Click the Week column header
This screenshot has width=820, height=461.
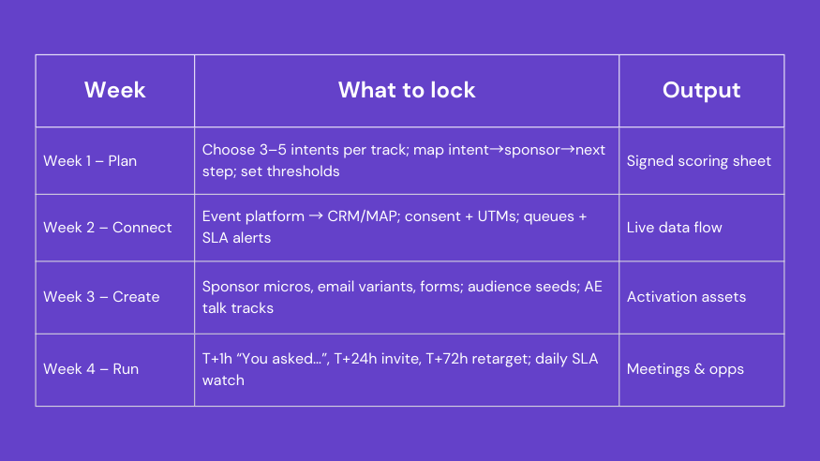click(115, 90)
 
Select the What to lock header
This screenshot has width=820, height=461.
click(407, 90)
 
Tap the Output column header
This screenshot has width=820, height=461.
click(701, 90)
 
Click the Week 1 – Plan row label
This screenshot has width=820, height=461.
click(90, 161)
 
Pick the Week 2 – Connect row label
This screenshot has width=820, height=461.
click(108, 228)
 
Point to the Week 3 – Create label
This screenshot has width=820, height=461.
click(101, 297)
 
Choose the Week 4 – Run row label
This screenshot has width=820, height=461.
click(91, 369)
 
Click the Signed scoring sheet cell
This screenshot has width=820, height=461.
click(698, 161)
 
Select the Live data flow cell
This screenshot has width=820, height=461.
click(674, 228)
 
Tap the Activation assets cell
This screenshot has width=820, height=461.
click(686, 297)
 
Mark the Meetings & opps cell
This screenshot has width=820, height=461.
click(685, 369)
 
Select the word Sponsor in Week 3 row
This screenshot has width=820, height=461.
click(231, 286)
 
